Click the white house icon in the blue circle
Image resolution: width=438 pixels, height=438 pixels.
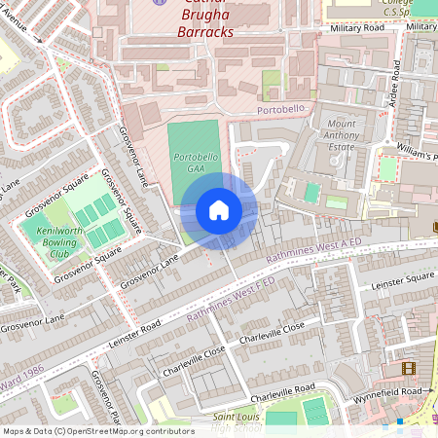pyautogui.click(x=219, y=210)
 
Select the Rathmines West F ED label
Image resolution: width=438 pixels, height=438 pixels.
pyautogui.click(x=231, y=300)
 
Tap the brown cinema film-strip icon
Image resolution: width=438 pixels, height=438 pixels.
pyautogui.click(x=408, y=368)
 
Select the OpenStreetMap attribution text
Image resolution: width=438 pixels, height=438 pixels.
pyautogui.click(x=98, y=430)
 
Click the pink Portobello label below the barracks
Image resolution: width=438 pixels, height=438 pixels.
pyautogui.click(x=281, y=111)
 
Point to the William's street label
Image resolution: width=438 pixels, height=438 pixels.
pyautogui.click(x=417, y=152)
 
